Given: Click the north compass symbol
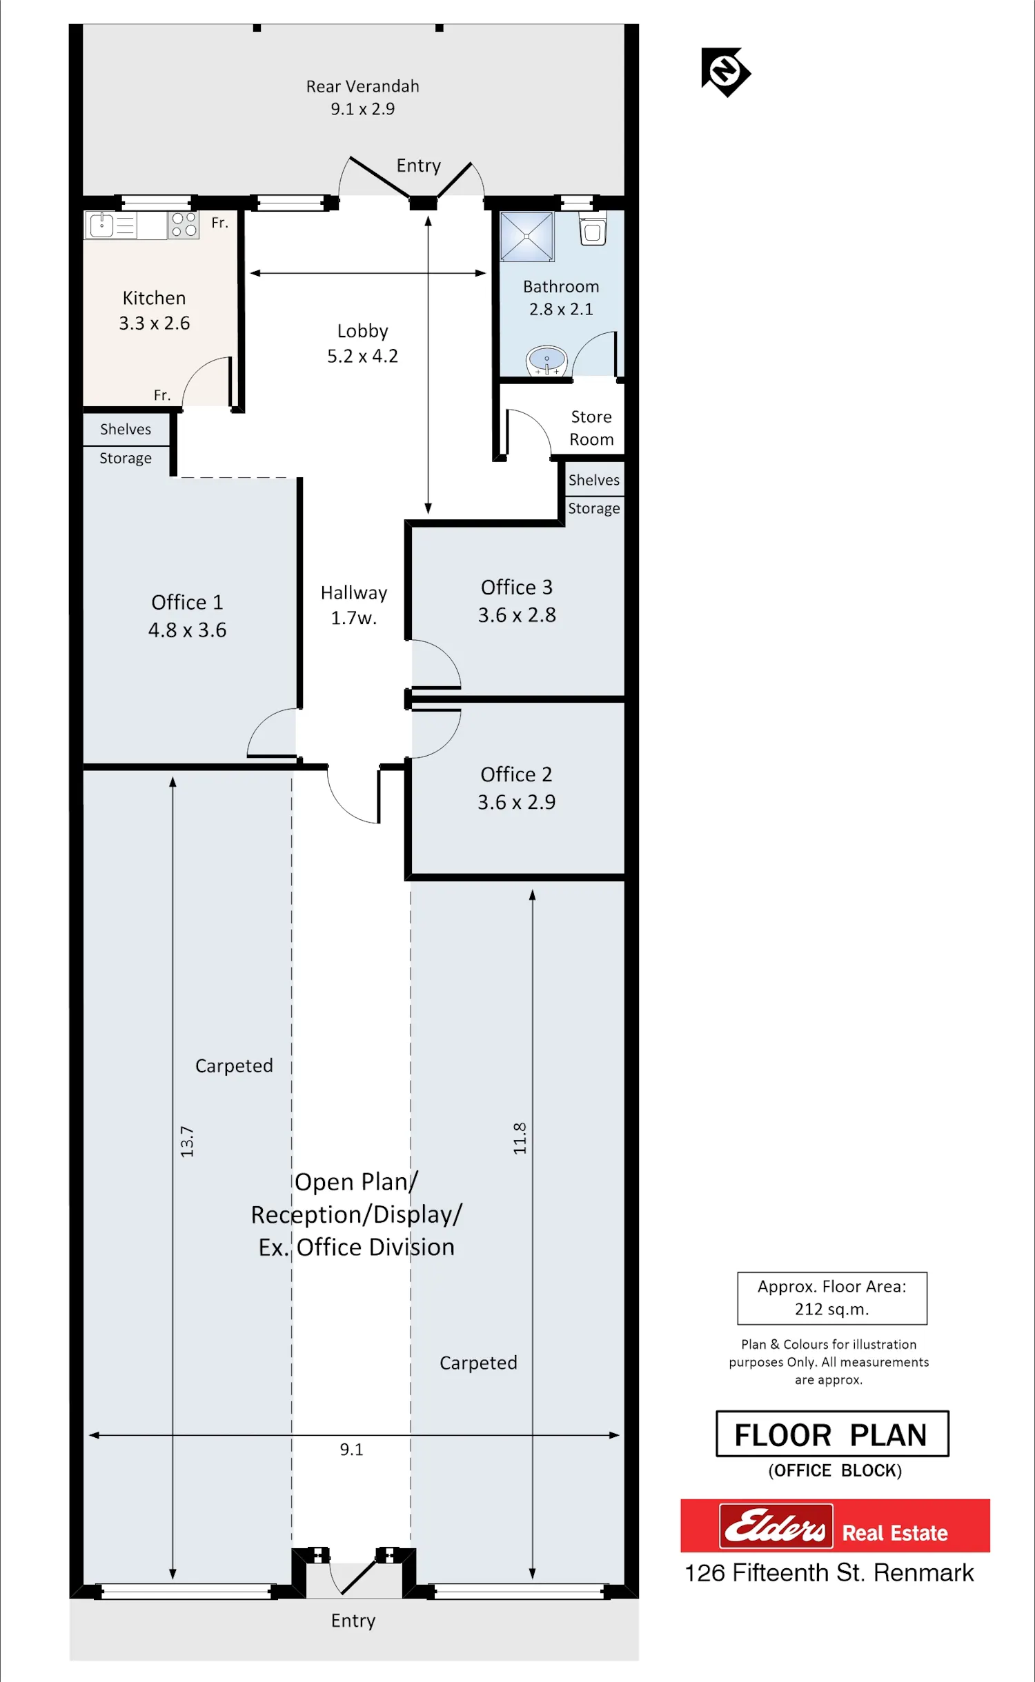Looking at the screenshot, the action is pos(726,72).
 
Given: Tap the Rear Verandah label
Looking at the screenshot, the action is pos(362,86).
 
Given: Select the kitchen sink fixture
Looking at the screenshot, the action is pos(111,225).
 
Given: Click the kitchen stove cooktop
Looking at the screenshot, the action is pos(184,225).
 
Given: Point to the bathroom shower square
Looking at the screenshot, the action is pos(527,237).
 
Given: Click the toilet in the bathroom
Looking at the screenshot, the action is pos(593,230).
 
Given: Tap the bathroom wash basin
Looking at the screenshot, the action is pos(546,360).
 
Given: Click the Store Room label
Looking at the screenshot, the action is pos(591,428).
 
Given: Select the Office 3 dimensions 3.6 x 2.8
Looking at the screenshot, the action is pos(517,615).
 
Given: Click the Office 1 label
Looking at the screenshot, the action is pos(187,602).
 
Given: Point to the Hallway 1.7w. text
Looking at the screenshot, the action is pos(354,605).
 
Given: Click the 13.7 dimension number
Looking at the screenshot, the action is pos(187,1141).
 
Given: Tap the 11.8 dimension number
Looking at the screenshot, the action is pos(520,1138).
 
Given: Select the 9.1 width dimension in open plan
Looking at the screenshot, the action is pos(351,1450).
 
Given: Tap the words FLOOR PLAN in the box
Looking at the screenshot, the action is pos(831,1435).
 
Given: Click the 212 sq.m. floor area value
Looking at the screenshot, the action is pos(831,1309).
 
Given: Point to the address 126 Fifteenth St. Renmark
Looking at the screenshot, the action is pos(829,1573).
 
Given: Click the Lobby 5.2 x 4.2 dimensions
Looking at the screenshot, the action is pos(362,356).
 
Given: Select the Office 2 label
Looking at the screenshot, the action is pos(516,774).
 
